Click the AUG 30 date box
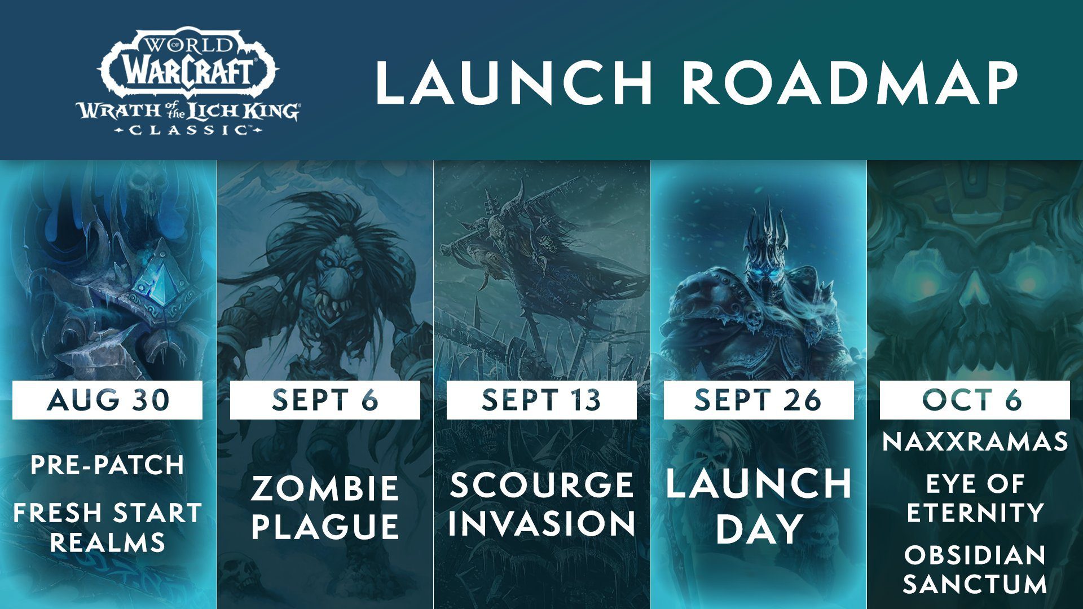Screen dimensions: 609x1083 107,400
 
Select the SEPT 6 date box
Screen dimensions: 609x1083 325,400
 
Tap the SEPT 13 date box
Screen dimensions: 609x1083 541,400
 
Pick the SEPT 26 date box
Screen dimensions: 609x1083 758,400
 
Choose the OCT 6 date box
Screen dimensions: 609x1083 974,400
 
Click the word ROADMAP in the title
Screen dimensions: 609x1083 850,83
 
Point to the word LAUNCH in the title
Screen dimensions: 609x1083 513,83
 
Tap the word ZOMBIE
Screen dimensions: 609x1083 325,488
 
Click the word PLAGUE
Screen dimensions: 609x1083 325,526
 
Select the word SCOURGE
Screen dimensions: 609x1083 541,485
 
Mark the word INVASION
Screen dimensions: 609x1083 541,523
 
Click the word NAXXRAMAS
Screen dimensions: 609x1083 975,442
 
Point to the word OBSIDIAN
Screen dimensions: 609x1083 975,555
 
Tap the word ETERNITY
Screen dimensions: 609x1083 975,513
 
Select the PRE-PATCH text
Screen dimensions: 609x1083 107,465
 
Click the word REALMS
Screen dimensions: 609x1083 107,542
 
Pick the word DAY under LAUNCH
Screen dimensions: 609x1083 758,528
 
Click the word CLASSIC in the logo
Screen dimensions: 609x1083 188,130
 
